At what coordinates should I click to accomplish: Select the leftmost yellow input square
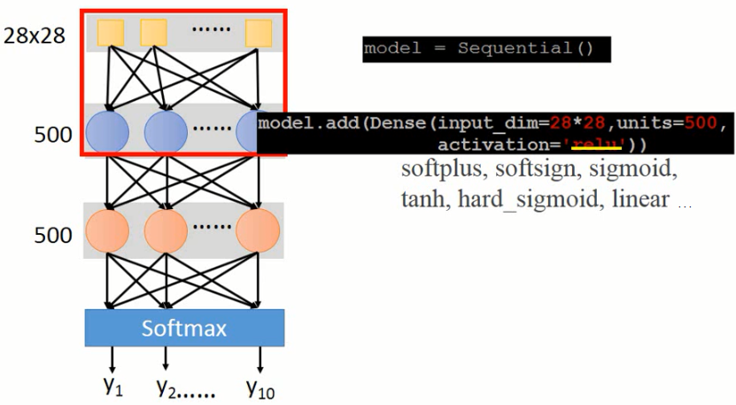pos(110,33)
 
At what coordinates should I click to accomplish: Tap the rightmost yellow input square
pos(259,34)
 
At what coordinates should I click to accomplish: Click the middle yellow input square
pos(154,32)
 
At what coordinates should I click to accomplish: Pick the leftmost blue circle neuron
pos(107,132)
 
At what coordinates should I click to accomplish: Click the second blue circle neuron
pos(166,132)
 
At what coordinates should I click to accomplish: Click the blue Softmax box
pos(184,328)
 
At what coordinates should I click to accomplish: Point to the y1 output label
pos(112,386)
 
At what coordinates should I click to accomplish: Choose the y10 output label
pos(260,386)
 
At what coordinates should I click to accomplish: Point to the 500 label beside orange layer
pos(53,236)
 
